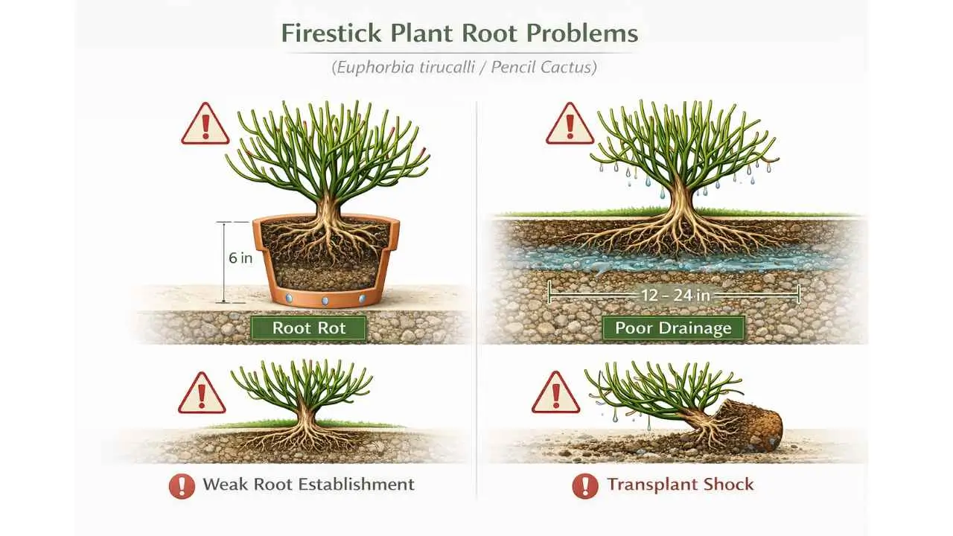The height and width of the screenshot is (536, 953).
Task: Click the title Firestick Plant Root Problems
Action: click(x=459, y=34)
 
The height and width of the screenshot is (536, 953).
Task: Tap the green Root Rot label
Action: click(x=309, y=328)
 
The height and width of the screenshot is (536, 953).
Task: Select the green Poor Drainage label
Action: click(x=673, y=328)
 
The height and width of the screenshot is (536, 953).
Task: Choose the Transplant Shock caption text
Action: click(x=680, y=485)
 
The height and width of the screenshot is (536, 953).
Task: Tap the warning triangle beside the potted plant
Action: click(x=205, y=125)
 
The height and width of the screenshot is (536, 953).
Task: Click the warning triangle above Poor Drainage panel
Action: click(x=570, y=125)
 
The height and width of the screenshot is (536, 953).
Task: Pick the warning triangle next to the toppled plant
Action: click(x=556, y=393)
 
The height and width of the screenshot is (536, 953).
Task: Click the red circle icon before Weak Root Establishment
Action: click(x=182, y=486)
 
